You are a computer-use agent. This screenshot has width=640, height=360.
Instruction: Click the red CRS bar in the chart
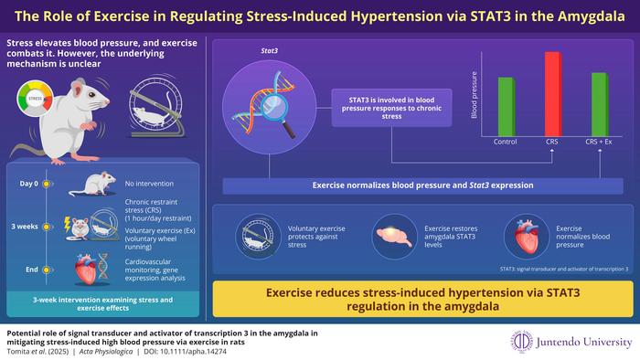tap(552, 94)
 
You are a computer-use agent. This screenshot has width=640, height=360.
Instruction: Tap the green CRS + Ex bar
tap(599, 104)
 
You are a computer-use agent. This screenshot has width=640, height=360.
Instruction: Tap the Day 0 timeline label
tap(27, 183)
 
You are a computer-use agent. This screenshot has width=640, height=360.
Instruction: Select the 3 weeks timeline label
tap(27, 227)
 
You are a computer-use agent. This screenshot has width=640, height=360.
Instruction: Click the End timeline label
tap(30, 270)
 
